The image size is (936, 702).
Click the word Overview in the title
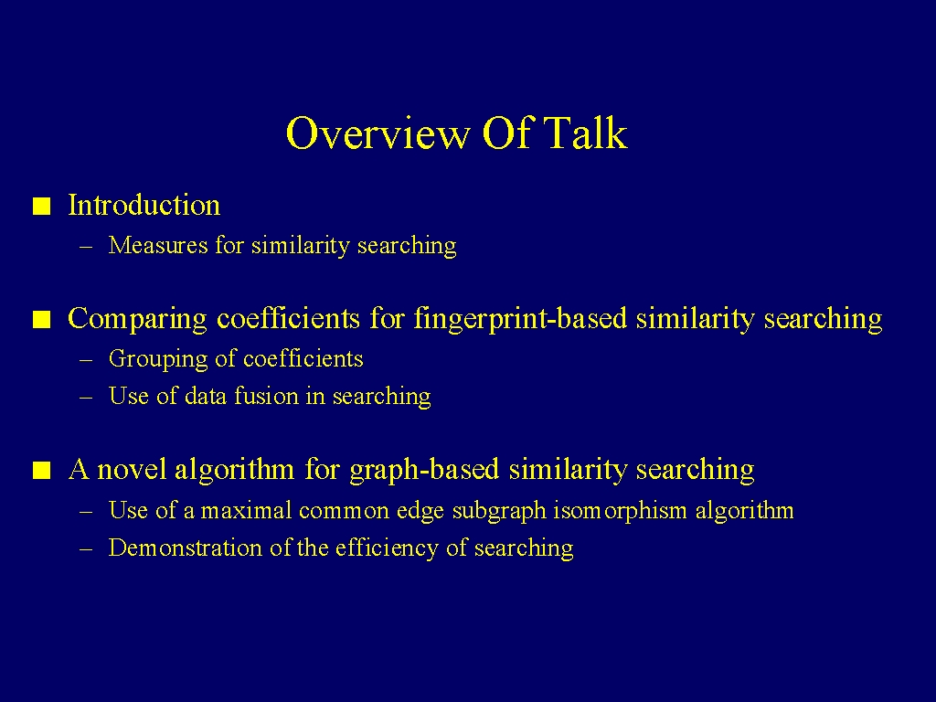[378, 133]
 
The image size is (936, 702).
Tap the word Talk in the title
[586, 132]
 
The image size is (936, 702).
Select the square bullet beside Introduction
[42, 207]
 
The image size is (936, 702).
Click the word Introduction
[144, 205]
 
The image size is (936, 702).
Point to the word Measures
[158, 245]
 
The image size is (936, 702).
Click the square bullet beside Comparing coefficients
[42, 320]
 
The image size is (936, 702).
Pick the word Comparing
[137, 319]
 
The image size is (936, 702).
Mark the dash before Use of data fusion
[86, 397]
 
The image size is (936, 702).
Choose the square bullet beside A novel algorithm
[42, 471]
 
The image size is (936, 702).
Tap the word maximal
[246, 510]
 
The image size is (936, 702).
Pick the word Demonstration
[185, 548]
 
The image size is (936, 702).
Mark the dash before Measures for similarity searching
[86, 246]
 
